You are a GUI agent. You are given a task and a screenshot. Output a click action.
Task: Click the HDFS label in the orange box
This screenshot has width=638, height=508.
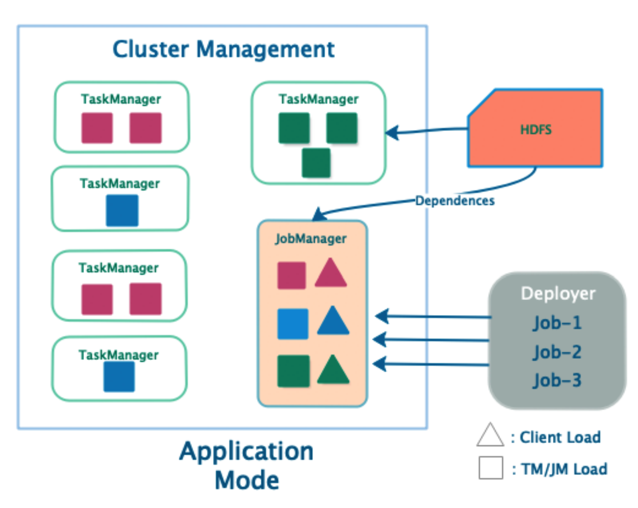536,129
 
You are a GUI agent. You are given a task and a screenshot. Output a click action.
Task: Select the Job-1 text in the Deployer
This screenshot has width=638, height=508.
557,323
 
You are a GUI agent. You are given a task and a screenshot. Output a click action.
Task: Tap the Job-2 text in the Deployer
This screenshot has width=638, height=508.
557,352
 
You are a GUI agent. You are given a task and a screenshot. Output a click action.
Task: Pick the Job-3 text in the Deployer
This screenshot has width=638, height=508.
557,380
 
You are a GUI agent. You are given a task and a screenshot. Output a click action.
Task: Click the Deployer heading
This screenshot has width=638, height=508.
558,294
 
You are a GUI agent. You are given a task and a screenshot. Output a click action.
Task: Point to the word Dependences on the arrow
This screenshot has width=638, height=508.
455,201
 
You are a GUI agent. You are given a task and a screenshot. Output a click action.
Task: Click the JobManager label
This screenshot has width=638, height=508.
311,239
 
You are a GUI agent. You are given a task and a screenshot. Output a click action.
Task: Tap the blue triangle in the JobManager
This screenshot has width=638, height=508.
333,322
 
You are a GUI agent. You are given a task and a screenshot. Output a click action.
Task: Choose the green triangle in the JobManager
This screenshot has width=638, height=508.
333,371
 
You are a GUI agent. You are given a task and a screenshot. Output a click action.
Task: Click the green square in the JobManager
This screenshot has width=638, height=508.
293,371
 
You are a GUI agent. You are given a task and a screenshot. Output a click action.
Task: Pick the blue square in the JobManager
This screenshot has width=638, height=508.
293,324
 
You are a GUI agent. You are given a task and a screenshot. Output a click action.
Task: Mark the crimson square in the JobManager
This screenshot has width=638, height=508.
291,275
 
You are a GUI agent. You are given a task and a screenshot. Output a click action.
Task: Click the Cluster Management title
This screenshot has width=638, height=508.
223,49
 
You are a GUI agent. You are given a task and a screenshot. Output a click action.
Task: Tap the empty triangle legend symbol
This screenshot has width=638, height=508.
490,436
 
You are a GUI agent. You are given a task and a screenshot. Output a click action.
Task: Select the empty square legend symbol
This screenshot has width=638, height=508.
491,468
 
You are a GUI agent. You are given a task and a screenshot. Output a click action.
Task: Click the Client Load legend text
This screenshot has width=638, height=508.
560,437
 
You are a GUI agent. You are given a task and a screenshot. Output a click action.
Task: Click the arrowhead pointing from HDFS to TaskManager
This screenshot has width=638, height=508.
392,132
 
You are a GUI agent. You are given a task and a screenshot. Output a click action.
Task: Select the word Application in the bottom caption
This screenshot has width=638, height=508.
246,451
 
